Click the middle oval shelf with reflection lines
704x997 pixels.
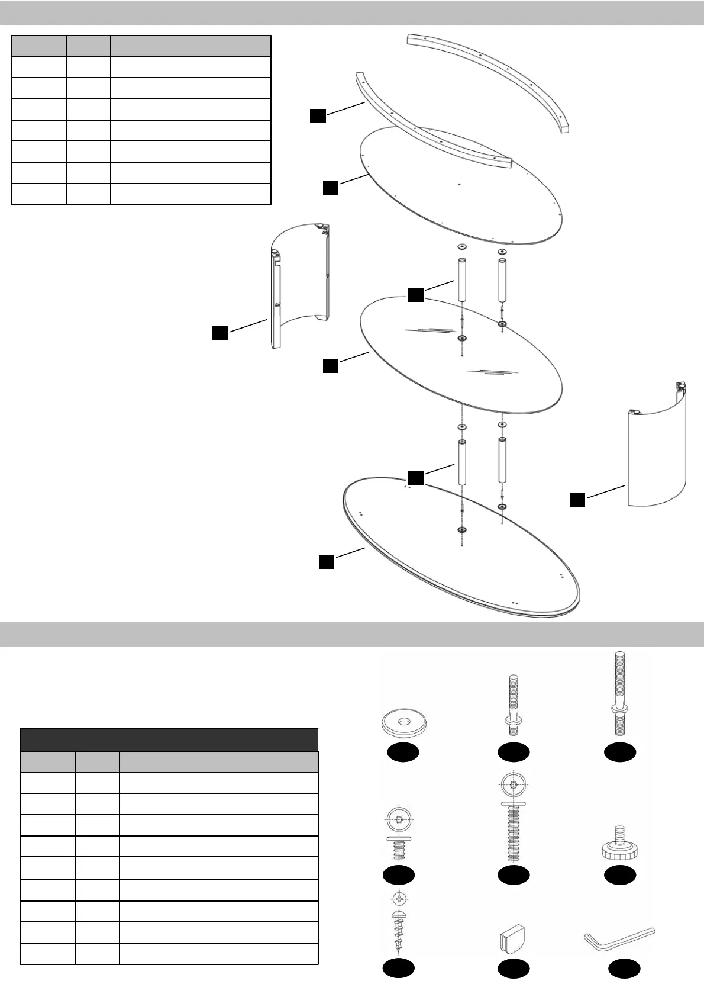coord(461,355)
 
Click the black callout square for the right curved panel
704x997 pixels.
coord(577,499)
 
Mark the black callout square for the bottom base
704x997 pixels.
coord(327,561)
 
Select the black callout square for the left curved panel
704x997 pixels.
coord(220,333)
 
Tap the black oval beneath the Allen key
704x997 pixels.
coord(624,969)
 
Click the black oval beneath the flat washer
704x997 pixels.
coord(403,752)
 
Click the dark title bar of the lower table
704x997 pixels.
coord(169,739)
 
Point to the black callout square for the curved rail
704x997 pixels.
coord(318,116)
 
